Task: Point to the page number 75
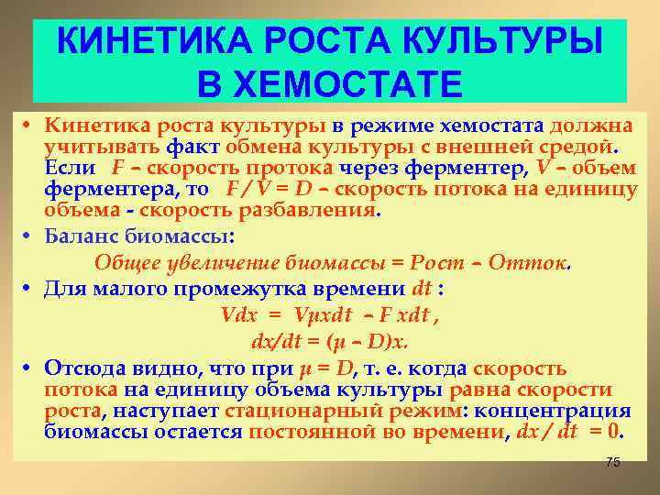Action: tap(613, 462)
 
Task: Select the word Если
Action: tap(69, 168)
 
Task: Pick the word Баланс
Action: tap(79, 236)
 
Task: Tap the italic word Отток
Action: tap(528, 262)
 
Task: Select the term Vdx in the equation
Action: tap(240, 313)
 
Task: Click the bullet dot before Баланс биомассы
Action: tap(29, 236)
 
